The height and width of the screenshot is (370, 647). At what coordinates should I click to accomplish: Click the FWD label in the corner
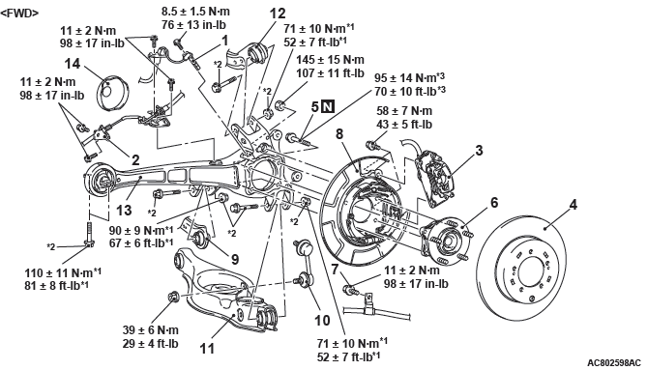19,14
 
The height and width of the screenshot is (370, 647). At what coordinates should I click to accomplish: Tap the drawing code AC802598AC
615,363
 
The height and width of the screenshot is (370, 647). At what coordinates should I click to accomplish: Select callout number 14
73,64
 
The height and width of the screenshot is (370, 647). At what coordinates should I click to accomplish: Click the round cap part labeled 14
111,93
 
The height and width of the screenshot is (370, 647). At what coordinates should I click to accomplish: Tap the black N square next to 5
328,107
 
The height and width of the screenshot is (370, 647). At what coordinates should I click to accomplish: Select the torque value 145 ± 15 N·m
330,60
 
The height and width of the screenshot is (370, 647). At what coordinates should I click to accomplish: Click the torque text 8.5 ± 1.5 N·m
195,12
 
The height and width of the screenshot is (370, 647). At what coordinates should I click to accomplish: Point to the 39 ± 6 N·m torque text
151,330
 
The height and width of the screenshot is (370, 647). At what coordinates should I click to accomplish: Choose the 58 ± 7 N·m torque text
404,111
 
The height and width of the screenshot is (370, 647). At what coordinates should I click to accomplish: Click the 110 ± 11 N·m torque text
63,272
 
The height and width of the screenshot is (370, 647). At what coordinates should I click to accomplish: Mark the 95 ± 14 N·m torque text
409,77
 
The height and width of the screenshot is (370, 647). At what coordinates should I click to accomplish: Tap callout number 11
208,349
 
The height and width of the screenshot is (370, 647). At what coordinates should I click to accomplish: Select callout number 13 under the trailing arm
124,211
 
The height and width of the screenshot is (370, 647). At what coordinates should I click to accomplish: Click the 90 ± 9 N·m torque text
141,230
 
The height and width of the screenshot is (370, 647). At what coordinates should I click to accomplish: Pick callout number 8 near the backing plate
339,134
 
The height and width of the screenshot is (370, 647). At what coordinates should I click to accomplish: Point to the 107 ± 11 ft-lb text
331,73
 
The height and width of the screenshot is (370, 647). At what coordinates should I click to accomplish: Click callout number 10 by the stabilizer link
322,320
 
